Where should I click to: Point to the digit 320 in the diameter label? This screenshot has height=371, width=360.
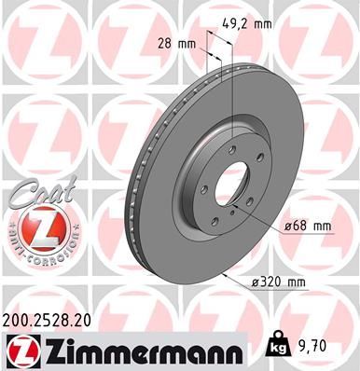283,281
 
